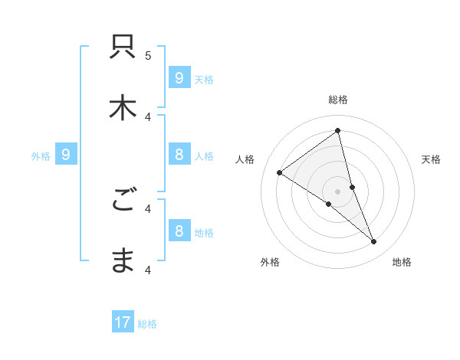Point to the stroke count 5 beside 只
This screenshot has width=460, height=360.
(148, 55)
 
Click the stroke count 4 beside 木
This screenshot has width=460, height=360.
(148, 116)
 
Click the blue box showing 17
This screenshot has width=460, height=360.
(123, 322)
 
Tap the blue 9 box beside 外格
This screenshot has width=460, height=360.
(66, 155)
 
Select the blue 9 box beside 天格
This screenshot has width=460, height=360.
(179, 77)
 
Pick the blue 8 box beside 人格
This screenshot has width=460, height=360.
(179, 155)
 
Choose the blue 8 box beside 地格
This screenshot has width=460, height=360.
(179, 231)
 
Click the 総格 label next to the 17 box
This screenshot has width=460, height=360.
(147, 324)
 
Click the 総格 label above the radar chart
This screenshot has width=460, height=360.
(338, 100)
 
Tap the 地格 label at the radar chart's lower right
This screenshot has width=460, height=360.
(402, 262)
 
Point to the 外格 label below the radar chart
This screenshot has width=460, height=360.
(270, 262)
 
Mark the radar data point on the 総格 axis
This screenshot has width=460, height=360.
(337, 131)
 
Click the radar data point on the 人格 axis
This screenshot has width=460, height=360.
(280, 172)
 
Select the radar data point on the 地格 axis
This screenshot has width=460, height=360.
(373, 241)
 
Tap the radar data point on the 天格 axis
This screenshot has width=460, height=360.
(352, 187)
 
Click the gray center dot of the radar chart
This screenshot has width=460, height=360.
(337, 191)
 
